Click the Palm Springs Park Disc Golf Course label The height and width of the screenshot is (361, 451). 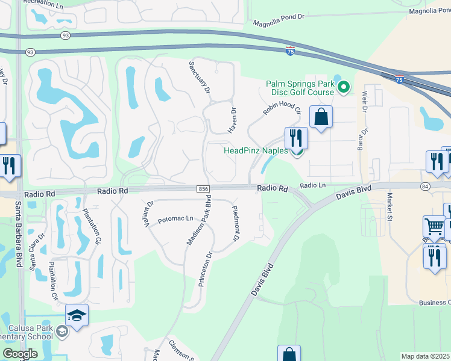click(x=300, y=88)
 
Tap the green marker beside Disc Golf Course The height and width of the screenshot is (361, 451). click(x=344, y=88)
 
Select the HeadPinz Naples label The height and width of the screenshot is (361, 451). click(x=256, y=151)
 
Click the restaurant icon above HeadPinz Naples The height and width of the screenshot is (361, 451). click(x=296, y=138)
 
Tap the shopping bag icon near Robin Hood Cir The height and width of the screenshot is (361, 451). click(x=321, y=117)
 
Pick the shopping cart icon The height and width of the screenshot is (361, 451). click(x=434, y=227)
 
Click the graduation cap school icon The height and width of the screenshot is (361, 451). click(x=77, y=316)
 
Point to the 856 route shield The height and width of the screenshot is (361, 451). click(x=203, y=189)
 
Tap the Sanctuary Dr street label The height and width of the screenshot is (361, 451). click(x=200, y=77)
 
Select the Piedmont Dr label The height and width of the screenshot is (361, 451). click(x=236, y=223)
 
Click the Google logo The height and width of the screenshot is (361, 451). click(x=20, y=354)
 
